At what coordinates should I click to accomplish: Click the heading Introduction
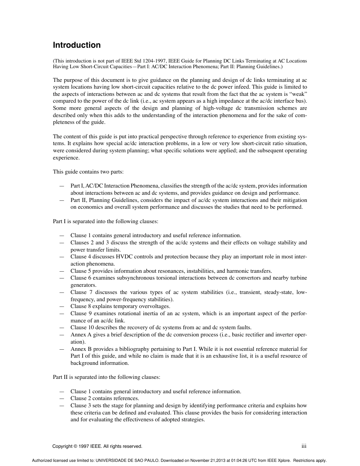pos(77,45)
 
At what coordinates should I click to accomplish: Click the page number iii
pos(304,446)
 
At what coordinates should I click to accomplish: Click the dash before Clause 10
pos(62,328)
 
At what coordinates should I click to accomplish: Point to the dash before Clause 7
pos(62,292)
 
